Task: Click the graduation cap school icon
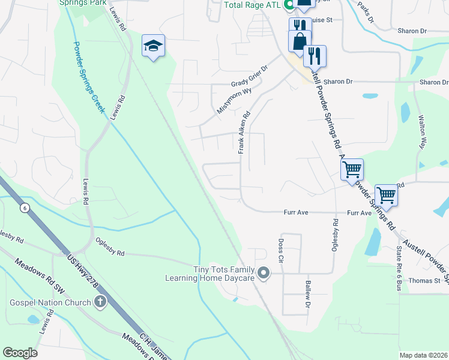coord(153,45)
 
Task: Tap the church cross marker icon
coord(100,302)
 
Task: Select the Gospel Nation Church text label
coord(49,302)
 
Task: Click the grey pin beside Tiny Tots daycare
coord(263,274)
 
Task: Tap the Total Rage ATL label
coord(252,5)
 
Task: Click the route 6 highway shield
coord(25,208)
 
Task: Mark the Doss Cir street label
coord(281,250)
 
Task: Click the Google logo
coord(20,353)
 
